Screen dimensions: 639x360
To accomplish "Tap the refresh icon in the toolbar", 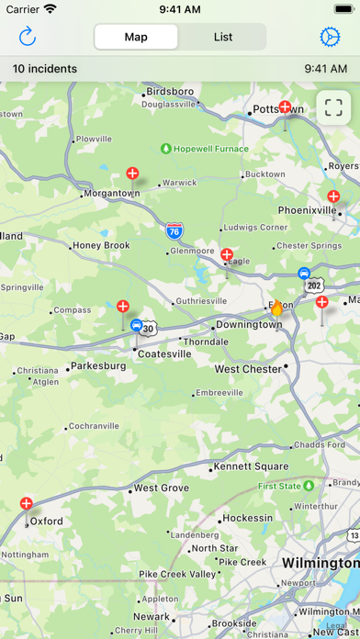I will (x=28, y=37).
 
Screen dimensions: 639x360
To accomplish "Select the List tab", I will (x=222, y=37).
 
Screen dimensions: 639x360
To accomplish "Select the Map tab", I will (x=136, y=37).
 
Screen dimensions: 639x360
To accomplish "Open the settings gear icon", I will (x=330, y=37).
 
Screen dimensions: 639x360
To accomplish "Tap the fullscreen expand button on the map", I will (x=333, y=107).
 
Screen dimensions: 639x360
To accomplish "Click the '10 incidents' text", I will (x=45, y=68).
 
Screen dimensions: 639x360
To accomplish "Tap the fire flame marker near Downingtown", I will (x=276, y=308).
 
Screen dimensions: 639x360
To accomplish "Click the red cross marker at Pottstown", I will (x=285, y=108).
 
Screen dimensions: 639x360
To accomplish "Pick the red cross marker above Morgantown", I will (x=132, y=174).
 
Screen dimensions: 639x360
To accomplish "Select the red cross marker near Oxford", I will (x=27, y=503).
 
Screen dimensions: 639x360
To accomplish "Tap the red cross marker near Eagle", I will (x=227, y=255).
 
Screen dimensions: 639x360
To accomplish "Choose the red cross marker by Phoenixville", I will (x=333, y=196).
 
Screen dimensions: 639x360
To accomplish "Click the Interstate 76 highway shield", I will (x=174, y=231).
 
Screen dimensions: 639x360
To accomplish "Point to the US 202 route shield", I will (x=316, y=286).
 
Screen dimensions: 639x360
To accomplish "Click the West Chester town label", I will (x=248, y=369).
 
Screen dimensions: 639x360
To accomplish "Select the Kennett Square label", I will (x=251, y=466).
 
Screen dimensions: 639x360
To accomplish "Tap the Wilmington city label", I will (x=321, y=562).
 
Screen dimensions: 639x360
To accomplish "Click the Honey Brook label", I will (x=101, y=245).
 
